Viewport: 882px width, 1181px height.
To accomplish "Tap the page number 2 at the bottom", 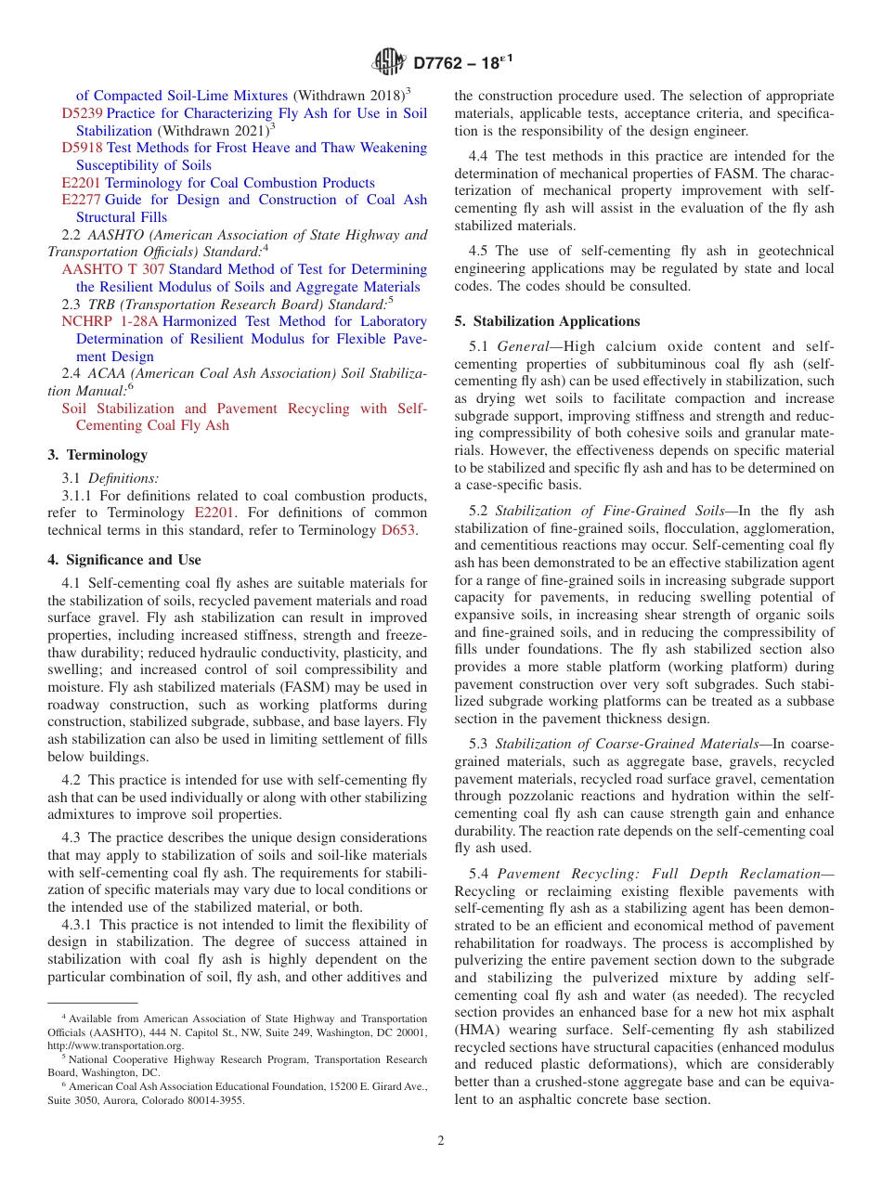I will point(441,1141).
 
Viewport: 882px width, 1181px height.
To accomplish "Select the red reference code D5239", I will point(83,113).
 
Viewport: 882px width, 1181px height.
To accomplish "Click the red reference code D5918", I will point(83,148).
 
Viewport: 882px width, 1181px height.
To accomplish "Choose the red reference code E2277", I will point(81,200).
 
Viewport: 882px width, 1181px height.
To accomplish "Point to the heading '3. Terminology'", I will point(97,455).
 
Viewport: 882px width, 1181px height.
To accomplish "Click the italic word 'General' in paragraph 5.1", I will point(524,346).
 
